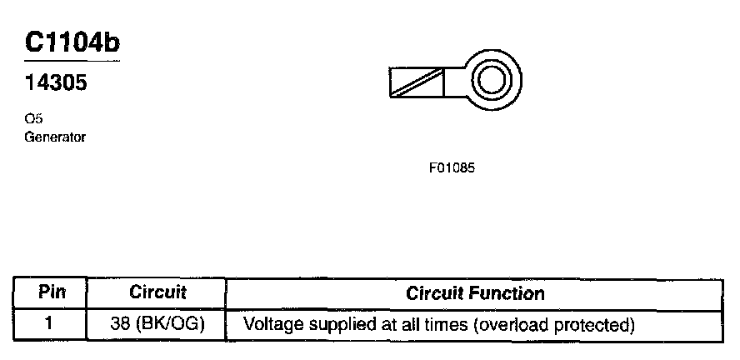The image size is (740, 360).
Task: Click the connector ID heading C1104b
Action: [72, 42]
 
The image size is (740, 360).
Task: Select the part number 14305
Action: [56, 84]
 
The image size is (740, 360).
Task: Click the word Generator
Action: [55, 137]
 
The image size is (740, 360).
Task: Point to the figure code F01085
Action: [452, 167]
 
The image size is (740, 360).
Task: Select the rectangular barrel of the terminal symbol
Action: [417, 81]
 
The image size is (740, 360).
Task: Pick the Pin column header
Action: [51, 293]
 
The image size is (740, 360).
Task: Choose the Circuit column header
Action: [157, 293]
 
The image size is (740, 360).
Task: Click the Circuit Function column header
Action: [475, 293]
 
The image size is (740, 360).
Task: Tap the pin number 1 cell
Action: [51, 323]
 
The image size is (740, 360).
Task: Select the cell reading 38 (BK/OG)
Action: [157, 323]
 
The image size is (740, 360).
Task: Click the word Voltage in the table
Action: [270, 323]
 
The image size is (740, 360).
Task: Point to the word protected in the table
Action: [596, 323]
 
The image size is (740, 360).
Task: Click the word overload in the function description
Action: [515, 323]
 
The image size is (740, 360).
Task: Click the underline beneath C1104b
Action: [72, 61]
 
